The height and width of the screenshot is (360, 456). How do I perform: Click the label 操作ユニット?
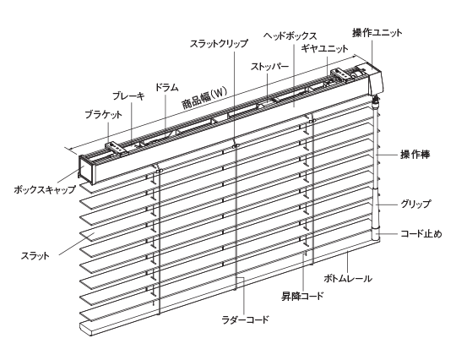[x=377, y=33]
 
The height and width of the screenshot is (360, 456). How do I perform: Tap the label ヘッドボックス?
[x=290, y=35]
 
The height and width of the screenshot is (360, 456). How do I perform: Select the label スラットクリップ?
[x=219, y=44]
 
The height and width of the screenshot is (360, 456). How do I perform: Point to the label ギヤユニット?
[x=324, y=48]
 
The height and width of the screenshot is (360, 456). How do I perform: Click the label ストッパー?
[x=269, y=67]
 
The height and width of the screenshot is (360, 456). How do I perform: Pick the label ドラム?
[x=166, y=87]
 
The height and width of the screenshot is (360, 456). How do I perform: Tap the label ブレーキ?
[x=128, y=96]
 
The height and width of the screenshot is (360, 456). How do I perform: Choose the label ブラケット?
[x=103, y=114]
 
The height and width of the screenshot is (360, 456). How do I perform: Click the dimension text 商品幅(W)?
[x=204, y=98]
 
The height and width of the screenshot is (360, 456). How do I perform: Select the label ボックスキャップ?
[x=45, y=190]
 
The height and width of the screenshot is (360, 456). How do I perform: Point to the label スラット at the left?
[x=35, y=256]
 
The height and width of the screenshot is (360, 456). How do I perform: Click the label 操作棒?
[x=415, y=155]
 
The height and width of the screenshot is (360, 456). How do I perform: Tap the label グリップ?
[x=415, y=204]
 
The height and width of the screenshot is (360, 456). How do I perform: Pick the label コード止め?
[x=421, y=233]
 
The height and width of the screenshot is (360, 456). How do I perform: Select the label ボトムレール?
[x=348, y=278]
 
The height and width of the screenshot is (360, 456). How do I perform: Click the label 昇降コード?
[x=302, y=296]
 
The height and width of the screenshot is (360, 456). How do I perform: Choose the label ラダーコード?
[x=245, y=319]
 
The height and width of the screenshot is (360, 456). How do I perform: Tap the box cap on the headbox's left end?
[x=87, y=168]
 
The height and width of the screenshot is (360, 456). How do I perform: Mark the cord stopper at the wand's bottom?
[x=377, y=233]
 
